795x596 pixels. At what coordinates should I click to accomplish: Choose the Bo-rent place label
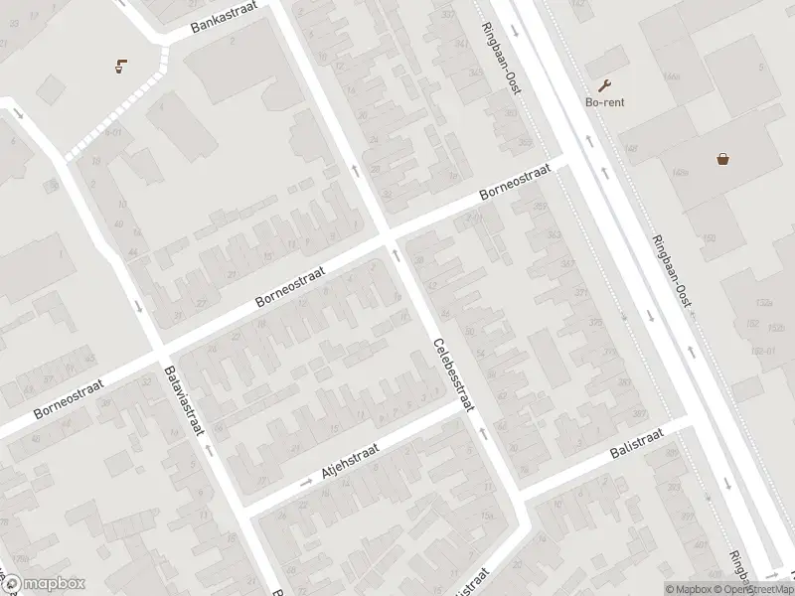point(604,102)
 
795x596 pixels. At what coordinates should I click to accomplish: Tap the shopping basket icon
point(723,157)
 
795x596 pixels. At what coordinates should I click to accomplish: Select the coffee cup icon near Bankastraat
point(120,67)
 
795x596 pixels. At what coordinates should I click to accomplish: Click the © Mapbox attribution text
point(689,589)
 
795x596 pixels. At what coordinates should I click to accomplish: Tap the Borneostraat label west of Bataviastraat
point(68,399)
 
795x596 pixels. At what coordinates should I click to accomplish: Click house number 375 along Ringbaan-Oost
point(594,322)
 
